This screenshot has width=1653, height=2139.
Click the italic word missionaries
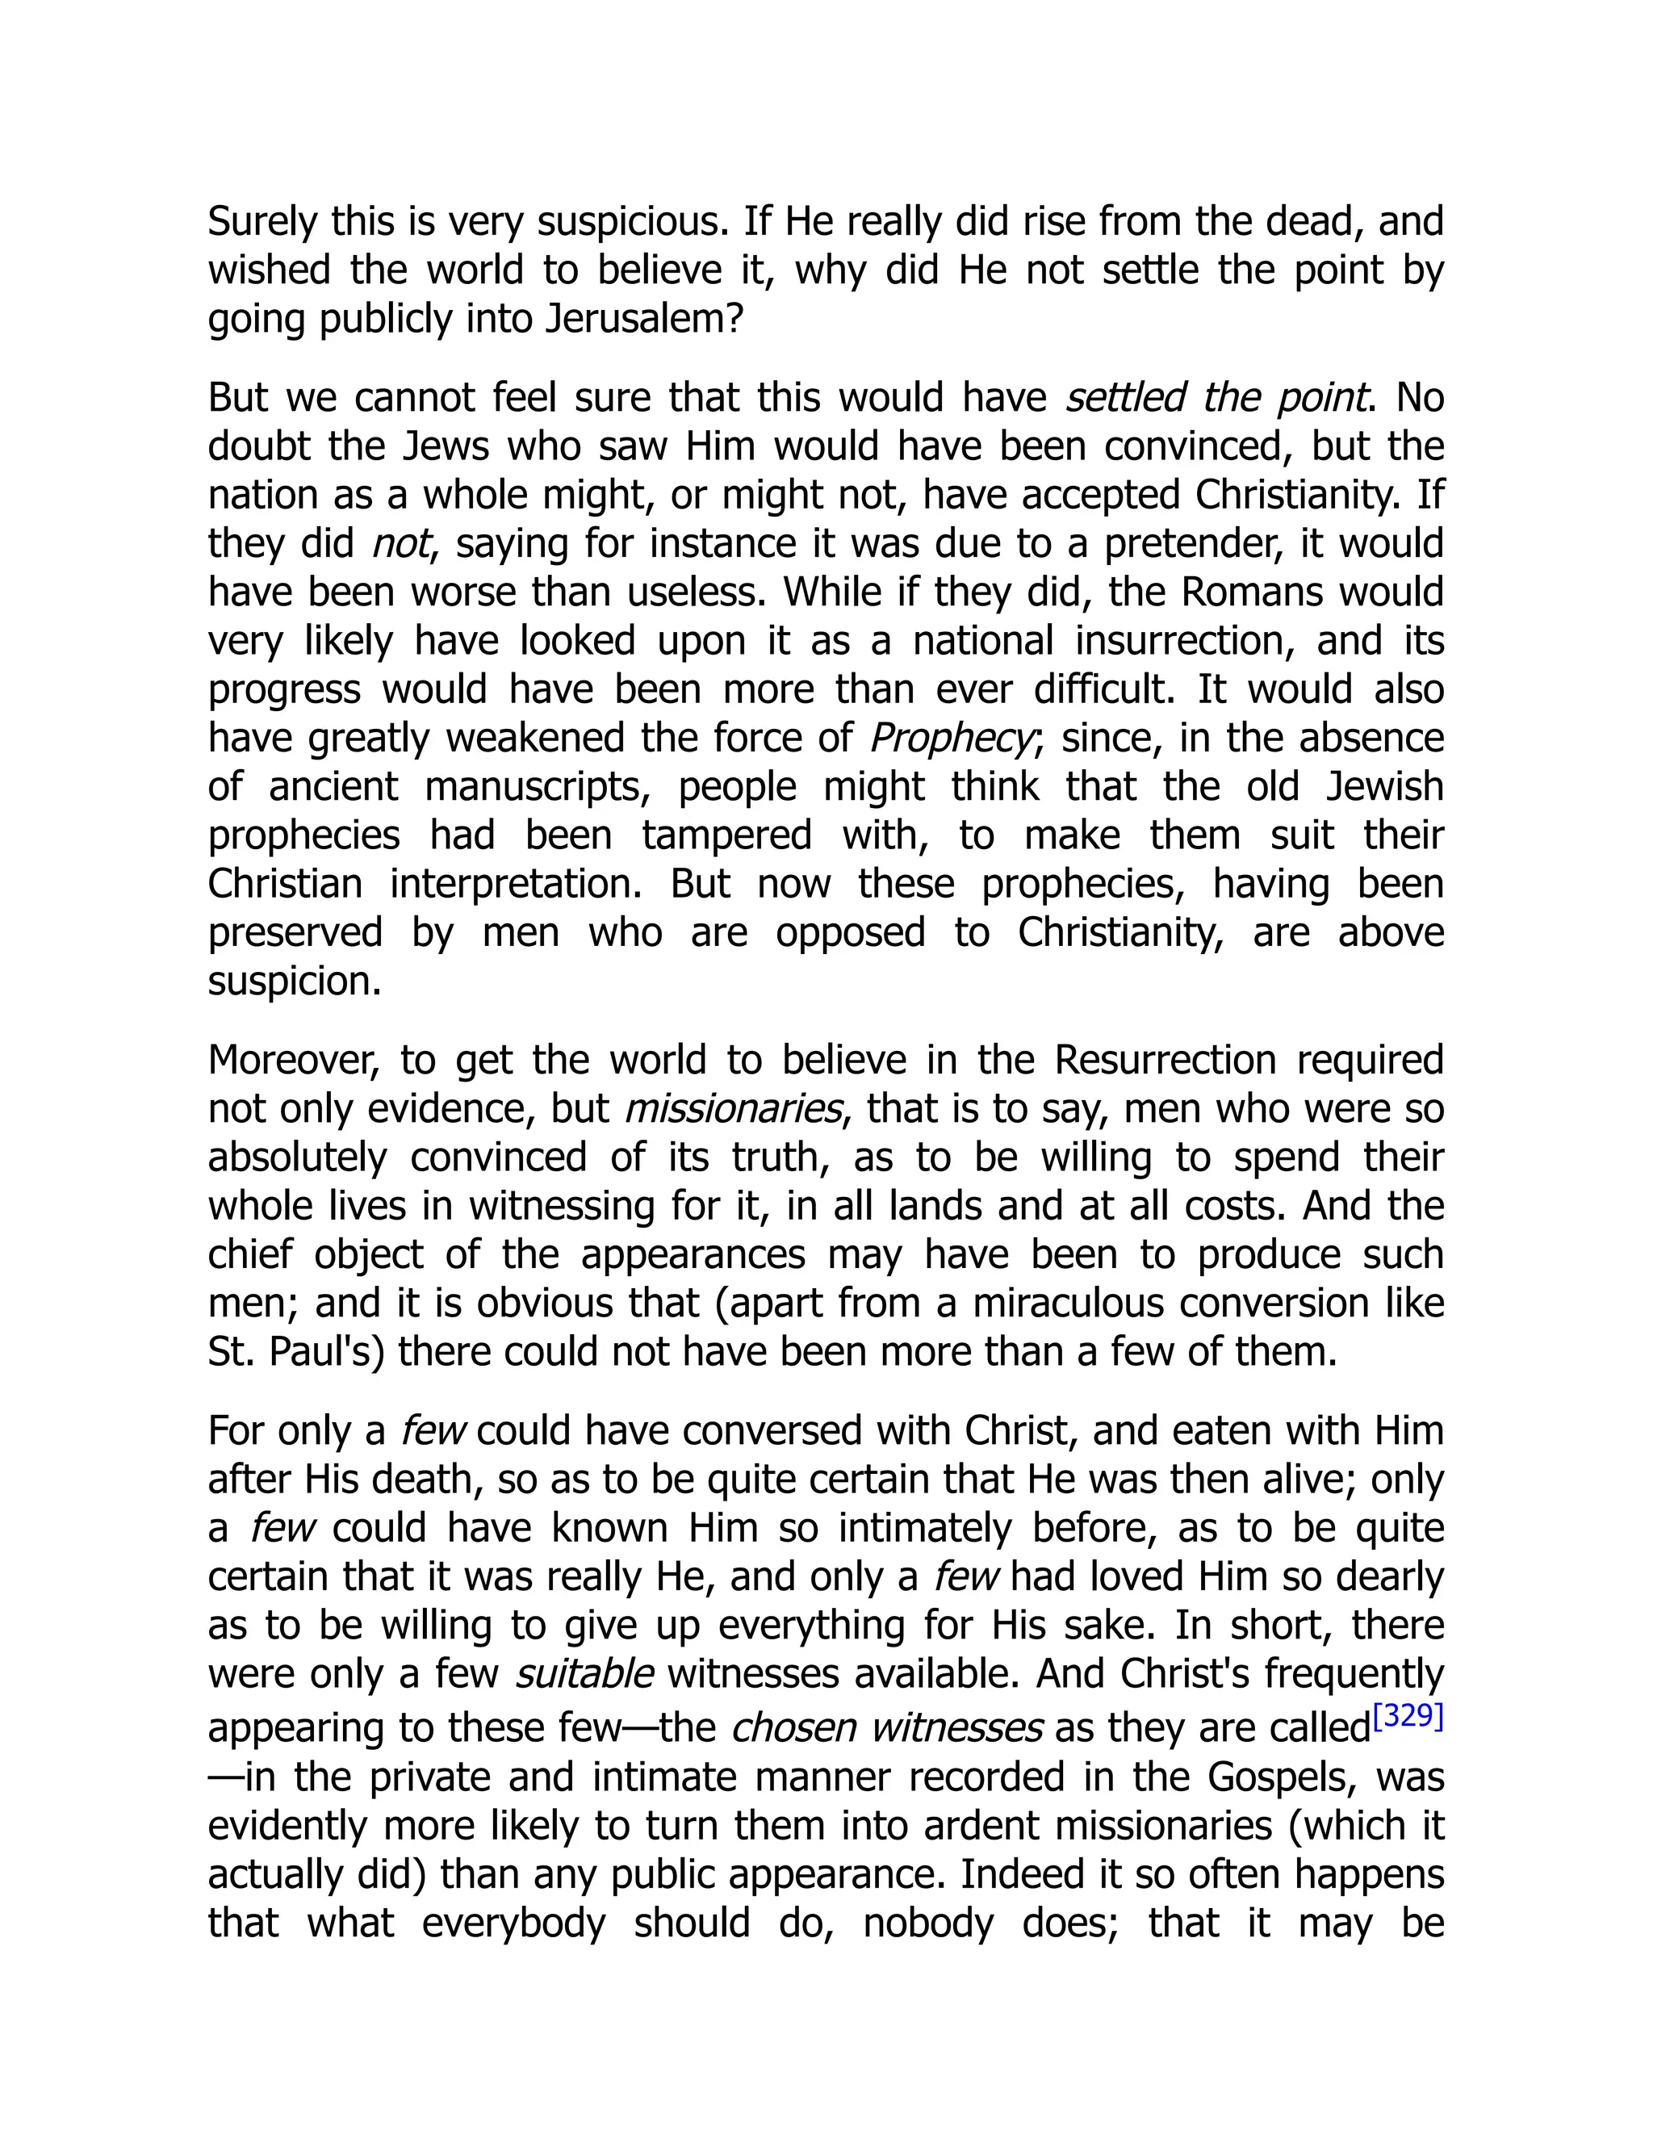point(734,1109)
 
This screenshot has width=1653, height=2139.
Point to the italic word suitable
point(584,1674)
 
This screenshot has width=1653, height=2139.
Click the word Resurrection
point(1165,1060)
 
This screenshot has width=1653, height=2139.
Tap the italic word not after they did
point(400,543)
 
